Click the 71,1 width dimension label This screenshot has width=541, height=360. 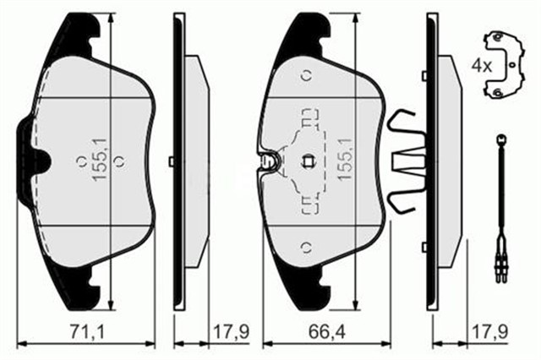click(87, 332)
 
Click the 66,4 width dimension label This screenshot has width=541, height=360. click(327, 332)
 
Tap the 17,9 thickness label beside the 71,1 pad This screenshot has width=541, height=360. click(231, 332)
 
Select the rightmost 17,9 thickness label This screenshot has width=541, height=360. click(489, 332)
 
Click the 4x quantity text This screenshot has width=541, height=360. click(482, 66)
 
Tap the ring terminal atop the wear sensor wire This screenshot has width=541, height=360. click(500, 139)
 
